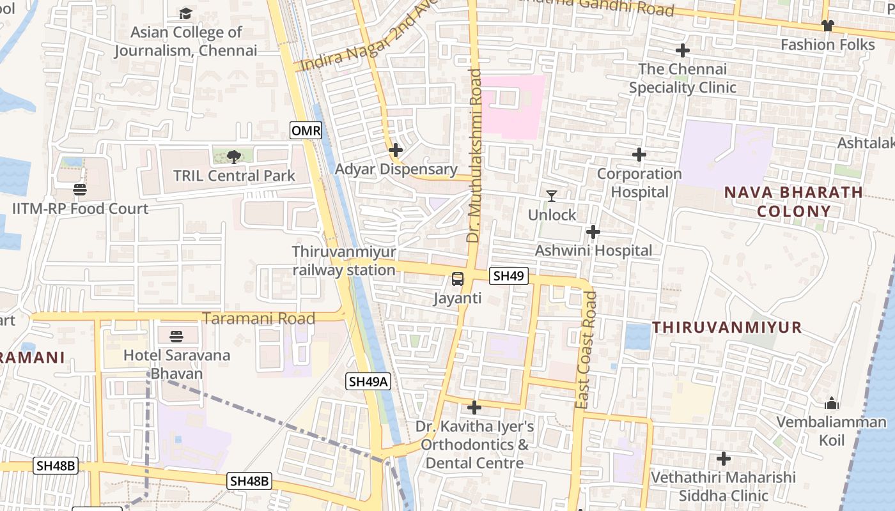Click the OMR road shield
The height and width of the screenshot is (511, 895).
tap(306, 131)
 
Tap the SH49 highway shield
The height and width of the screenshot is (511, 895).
tap(509, 276)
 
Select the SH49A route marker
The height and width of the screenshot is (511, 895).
tap(368, 381)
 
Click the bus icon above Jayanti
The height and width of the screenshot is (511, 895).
tap(458, 278)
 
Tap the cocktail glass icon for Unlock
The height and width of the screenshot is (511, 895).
tap(552, 195)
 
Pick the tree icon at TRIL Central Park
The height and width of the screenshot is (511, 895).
tap(234, 156)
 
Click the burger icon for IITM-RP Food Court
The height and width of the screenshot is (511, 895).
tap(80, 189)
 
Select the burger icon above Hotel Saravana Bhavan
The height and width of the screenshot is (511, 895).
tap(176, 336)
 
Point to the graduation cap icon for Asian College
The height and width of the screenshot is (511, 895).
tap(185, 13)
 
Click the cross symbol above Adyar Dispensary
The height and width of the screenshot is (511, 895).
tap(396, 150)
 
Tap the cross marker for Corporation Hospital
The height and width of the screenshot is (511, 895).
tap(639, 155)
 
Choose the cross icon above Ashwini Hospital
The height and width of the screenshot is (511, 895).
tap(593, 231)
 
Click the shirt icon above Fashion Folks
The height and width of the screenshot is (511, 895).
tap(827, 26)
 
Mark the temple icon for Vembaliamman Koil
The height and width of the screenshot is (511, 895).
tap(831, 403)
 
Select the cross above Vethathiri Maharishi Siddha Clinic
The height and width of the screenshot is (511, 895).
tap(723, 459)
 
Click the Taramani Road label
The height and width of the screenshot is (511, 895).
tap(259, 318)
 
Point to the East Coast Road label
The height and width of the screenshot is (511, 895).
tap(585, 349)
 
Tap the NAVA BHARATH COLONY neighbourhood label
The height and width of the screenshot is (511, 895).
tap(793, 202)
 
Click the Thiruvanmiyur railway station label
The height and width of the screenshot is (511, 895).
tap(344, 261)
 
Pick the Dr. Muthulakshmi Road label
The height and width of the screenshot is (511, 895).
tap(474, 155)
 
